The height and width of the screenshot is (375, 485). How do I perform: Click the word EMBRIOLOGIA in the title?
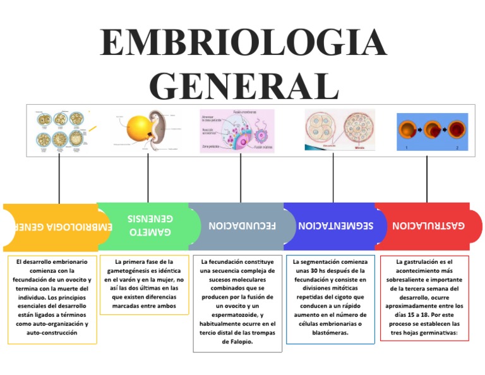point(242,43)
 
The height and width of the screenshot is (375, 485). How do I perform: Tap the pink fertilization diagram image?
point(237,131)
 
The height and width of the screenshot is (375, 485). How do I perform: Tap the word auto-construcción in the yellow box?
point(52,332)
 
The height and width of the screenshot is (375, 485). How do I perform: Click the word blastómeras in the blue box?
point(330,332)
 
